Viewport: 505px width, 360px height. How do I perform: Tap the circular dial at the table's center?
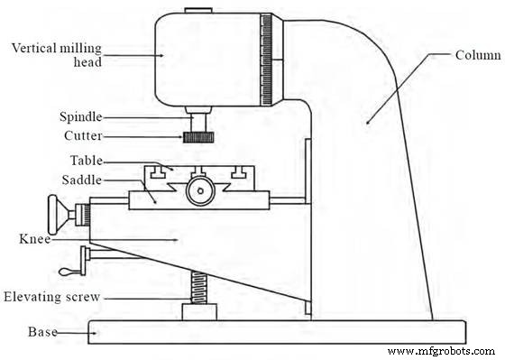tap(199, 190)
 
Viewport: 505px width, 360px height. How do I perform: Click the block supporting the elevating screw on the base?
tap(199, 312)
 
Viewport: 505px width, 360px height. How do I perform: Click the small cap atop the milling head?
tap(197, 13)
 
